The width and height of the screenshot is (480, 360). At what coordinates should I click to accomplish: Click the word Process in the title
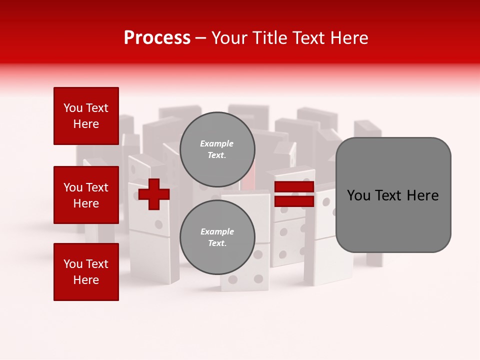click(157, 38)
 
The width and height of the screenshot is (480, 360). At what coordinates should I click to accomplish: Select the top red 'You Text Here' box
click(86, 116)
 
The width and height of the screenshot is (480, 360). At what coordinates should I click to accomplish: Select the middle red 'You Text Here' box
click(86, 195)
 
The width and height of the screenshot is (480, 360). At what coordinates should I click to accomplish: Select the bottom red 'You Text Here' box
click(86, 272)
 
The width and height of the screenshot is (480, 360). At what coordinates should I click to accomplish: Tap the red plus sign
click(154, 194)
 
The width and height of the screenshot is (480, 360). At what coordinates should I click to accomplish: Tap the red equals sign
click(294, 194)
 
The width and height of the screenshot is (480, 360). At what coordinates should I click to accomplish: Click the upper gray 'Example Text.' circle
click(217, 149)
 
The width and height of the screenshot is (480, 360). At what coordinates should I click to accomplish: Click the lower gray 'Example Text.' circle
click(217, 237)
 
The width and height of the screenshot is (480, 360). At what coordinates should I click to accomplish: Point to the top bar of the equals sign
click(294, 187)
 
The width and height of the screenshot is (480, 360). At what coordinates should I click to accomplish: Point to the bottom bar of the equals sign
click(294, 201)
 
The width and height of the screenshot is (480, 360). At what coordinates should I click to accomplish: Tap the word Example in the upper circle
click(216, 143)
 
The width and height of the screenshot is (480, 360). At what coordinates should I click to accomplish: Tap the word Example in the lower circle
click(217, 231)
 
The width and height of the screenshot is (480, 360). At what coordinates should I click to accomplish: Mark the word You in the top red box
click(73, 108)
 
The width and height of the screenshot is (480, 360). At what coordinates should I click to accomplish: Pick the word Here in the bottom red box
click(86, 280)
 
